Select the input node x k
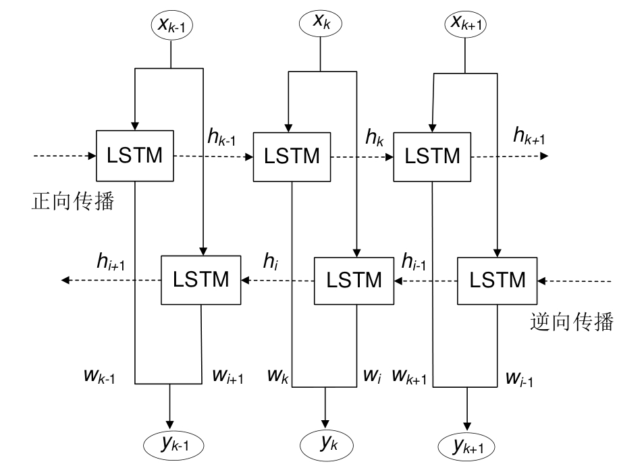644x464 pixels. (x=321, y=22)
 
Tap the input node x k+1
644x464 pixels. (x=466, y=25)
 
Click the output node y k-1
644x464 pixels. (x=173, y=444)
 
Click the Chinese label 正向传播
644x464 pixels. (x=72, y=202)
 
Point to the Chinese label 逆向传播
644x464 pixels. (x=572, y=322)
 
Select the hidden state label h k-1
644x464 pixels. (x=221, y=139)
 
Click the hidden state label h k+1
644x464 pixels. (x=529, y=137)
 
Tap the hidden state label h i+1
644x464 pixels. (x=111, y=261)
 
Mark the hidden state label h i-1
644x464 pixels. (x=413, y=261)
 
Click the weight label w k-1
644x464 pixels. (x=99, y=376)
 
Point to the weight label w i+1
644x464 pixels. (x=227, y=376)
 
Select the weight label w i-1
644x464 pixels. (x=519, y=378)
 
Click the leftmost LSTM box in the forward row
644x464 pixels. (x=135, y=156)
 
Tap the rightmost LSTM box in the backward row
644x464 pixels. (x=498, y=280)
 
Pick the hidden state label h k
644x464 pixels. (x=375, y=138)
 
